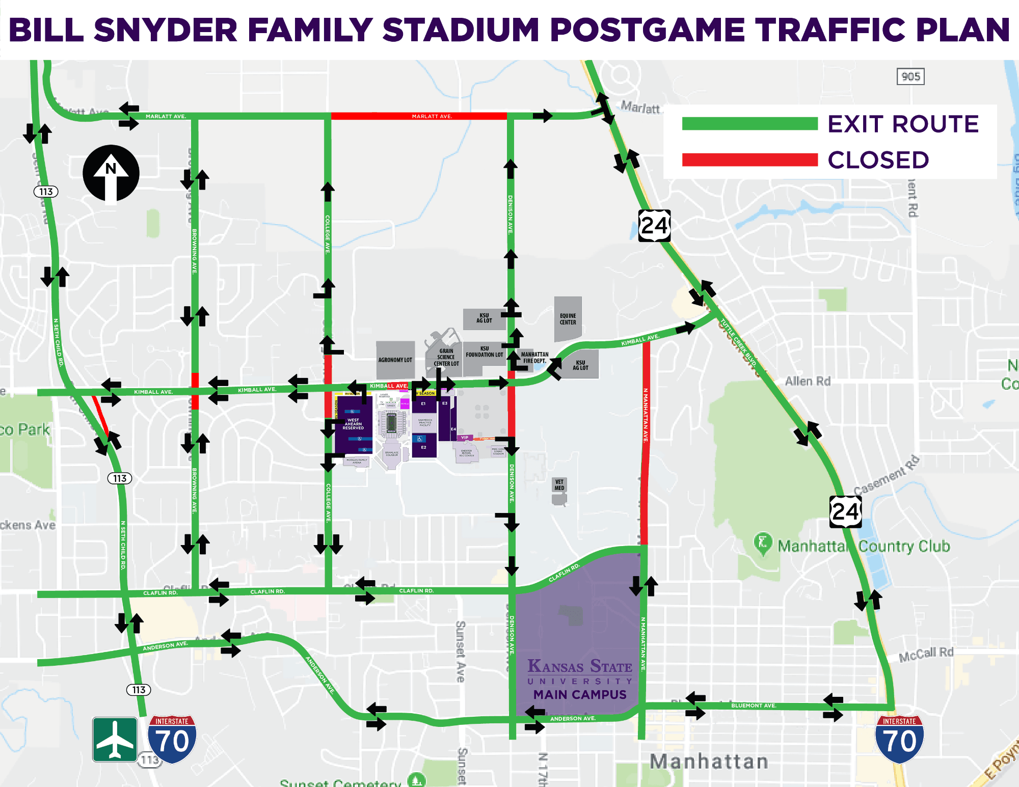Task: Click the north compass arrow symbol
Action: [111, 173]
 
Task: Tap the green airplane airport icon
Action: [115, 739]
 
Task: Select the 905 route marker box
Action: [910, 77]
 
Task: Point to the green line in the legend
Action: [749, 124]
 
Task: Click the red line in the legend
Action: [749, 160]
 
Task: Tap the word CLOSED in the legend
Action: [878, 160]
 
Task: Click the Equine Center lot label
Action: [568, 319]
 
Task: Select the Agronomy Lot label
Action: [395, 360]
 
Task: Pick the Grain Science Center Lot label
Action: [446, 357]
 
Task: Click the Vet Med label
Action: [559, 484]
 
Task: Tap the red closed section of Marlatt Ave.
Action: [419, 116]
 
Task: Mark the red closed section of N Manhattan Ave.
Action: [645, 443]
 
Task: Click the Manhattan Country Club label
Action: [864, 546]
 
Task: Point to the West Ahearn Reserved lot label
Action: [353, 424]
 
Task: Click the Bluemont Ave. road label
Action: [754, 705]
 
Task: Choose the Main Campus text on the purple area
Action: [580, 694]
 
